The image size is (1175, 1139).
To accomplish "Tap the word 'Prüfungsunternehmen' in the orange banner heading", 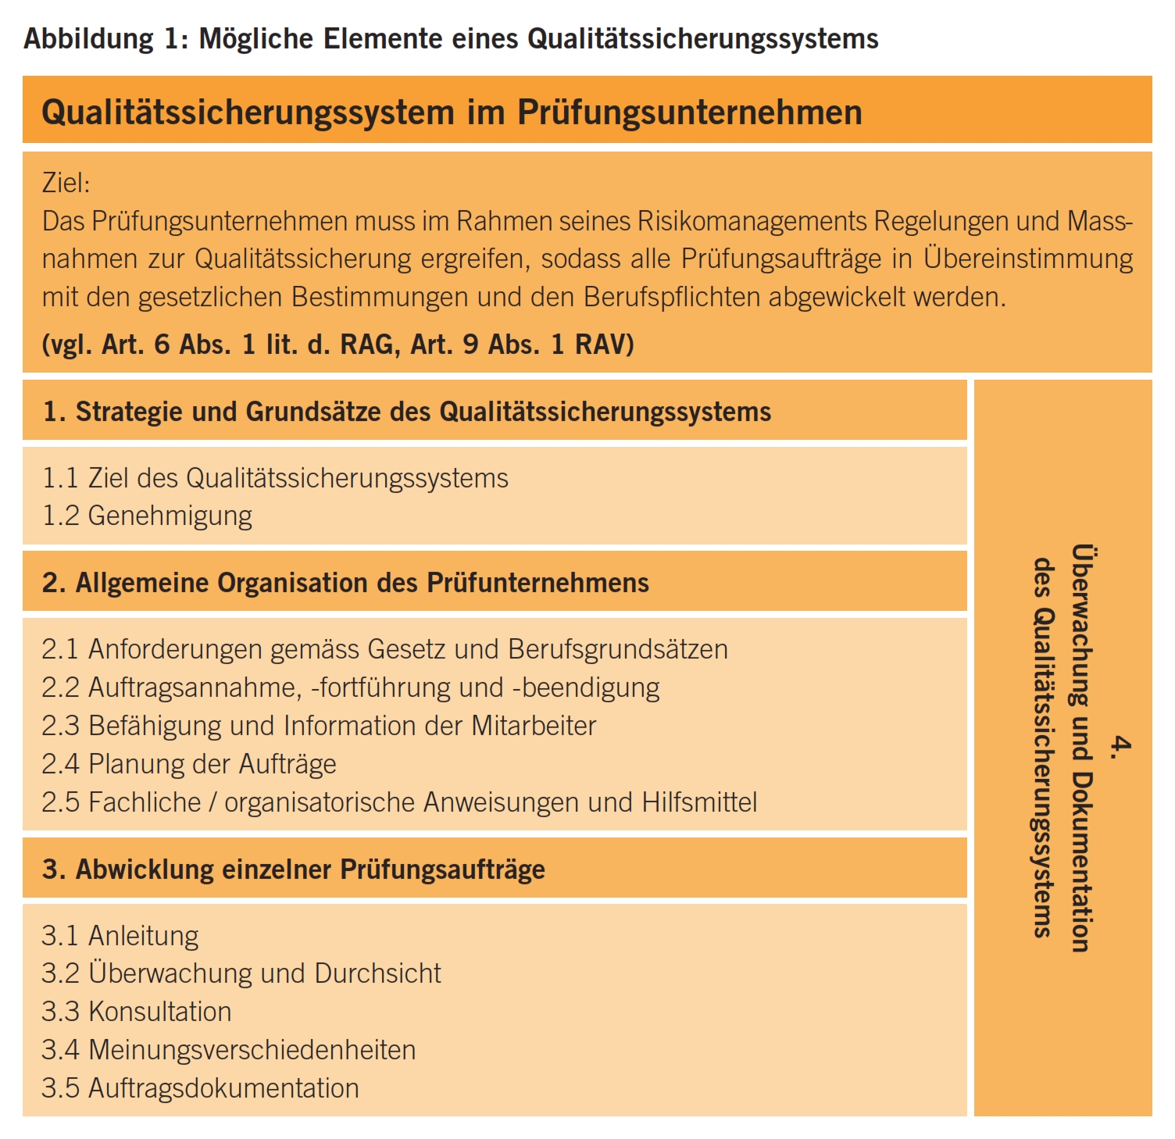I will click(690, 112).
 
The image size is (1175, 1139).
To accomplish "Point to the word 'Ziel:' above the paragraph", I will click(66, 183).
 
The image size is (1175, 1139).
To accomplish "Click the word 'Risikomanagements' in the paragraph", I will click(752, 221).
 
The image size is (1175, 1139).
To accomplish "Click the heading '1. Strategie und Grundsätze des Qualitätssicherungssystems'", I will click(407, 412).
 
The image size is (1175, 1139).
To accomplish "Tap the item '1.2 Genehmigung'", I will click(147, 516).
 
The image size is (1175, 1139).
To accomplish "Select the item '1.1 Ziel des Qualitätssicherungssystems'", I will click(275, 478).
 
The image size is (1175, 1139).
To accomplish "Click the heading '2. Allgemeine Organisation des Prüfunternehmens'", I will click(345, 583).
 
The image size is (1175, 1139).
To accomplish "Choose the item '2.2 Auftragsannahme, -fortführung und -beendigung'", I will click(351, 687).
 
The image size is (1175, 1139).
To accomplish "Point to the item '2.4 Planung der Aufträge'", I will click(189, 764).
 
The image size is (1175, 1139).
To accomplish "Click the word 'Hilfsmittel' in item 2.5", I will click(699, 802).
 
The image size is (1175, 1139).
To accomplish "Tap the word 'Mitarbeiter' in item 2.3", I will click(534, 726).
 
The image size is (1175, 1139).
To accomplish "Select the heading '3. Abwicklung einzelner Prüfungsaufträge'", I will click(294, 869).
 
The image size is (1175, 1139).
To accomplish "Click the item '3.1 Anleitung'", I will click(120, 936).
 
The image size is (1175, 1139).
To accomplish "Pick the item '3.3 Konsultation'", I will click(137, 1012).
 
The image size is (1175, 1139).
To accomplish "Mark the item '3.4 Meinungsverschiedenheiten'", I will click(229, 1050).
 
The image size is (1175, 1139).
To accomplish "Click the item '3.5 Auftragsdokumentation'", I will click(201, 1088).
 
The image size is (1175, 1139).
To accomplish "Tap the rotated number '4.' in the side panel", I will click(1120, 747).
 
